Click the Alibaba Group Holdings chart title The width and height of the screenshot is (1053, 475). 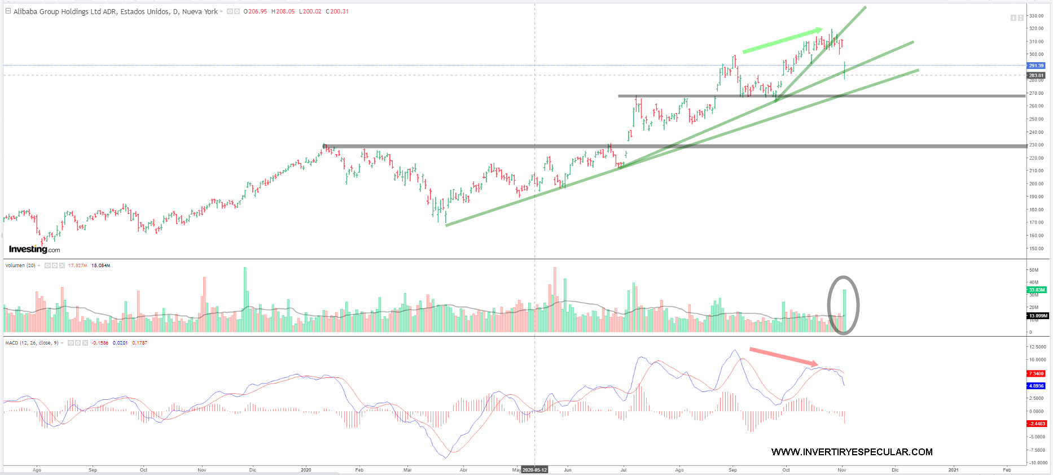pyautogui.click(x=115, y=11)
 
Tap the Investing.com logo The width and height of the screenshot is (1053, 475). pyautogui.click(x=34, y=249)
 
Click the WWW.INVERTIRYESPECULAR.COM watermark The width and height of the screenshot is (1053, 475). pyautogui.click(x=852, y=452)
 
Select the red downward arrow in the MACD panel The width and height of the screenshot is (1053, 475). pyautogui.click(x=783, y=356)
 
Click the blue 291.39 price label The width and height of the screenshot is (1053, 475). pyautogui.click(x=1036, y=66)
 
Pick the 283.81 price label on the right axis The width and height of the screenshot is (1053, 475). pyautogui.click(x=1036, y=75)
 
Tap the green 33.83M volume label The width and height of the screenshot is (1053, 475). pyautogui.click(x=1037, y=290)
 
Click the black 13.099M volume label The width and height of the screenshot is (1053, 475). pyautogui.click(x=1038, y=316)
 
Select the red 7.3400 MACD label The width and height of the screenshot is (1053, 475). pyautogui.click(x=1036, y=373)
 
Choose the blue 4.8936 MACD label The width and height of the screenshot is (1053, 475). pyautogui.click(x=1036, y=386)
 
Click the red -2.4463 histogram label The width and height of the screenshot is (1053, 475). pyautogui.click(x=1037, y=424)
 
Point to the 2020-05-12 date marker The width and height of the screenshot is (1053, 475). pyautogui.click(x=534, y=470)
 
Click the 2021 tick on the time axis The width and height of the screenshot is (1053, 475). pyautogui.click(x=953, y=470)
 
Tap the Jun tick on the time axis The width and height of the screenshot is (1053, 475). pyautogui.click(x=568, y=470)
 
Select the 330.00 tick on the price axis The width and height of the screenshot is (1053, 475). pyautogui.click(x=1036, y=16)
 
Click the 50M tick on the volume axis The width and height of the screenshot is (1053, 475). pyautogui.click(x=1034, y=270)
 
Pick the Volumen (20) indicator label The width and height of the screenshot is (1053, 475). pyautogui.click(x=20, y=265)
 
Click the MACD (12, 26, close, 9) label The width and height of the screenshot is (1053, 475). pyautogui.click(x=32, y=343)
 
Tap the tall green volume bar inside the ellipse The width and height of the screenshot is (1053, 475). pyautogui.click(x=845, y=311)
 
